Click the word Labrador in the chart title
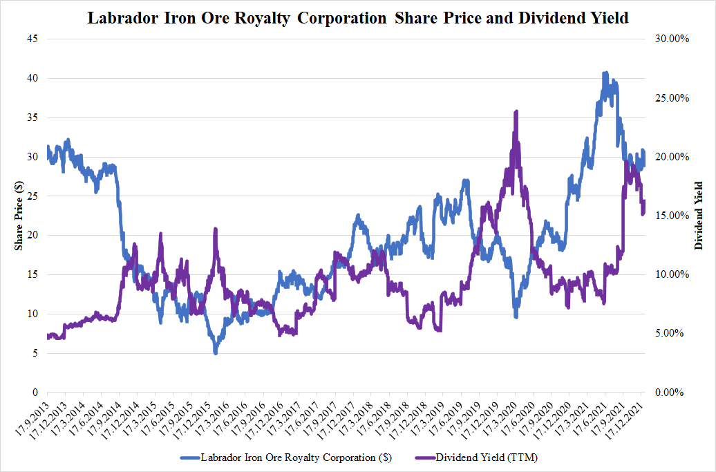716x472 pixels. (x=120, y=19)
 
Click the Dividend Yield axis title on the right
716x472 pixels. (x=699, y=216)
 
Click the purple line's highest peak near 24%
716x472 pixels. (x=516, y=111)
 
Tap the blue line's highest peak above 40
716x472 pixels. (x=605, y=73)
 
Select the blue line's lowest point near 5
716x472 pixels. (x=216, y=352)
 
